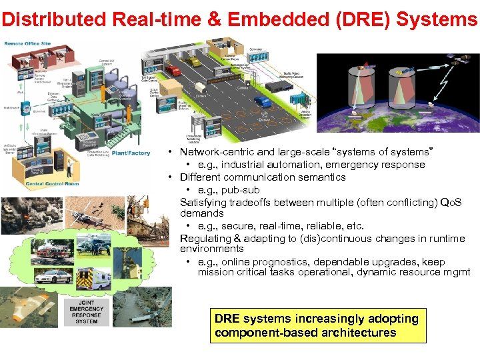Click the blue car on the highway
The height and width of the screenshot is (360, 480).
[x=264, y=102]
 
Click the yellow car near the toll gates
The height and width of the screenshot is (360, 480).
[x=193, y=62]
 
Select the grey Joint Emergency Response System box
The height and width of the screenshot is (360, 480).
[x=86, y=311]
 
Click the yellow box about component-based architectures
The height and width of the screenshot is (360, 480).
[x=317, y=325]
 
